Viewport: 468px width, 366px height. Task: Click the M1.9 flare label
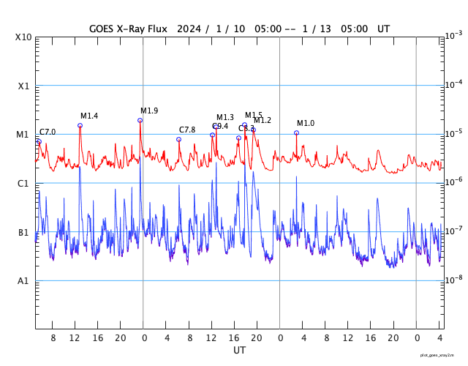click(x=149, y=111)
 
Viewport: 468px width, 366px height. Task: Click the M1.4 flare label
click(x=89, y=116)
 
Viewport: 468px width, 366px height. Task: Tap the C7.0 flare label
click(x=48, y=132)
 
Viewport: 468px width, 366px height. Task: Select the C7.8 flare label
click(x=187, y=130)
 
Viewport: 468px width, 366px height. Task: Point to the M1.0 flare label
click(x=306, y=123)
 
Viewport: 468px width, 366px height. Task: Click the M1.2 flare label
click(x=263, y=120)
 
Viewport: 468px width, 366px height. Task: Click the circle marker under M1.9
click(x=140, y=120)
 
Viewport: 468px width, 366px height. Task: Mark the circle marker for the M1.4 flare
click(x=80, y=125)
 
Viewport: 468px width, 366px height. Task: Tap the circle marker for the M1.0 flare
click(x=296, y=132)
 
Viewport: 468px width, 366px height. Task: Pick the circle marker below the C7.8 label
click(x=178, y=139)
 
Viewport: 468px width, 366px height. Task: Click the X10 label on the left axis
click(x=24, y=37)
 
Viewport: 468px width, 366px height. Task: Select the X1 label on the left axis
click(x=24, y=86)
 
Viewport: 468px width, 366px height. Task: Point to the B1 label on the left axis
click(x=24, y=232)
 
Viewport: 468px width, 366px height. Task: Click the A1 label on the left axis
click(x=24, y=281)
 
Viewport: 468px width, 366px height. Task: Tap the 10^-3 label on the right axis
click(x=453, y=35)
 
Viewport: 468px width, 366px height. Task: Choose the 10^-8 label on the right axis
click(x=453, y=280)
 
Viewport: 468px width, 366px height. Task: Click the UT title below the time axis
click(x=240, y=351)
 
